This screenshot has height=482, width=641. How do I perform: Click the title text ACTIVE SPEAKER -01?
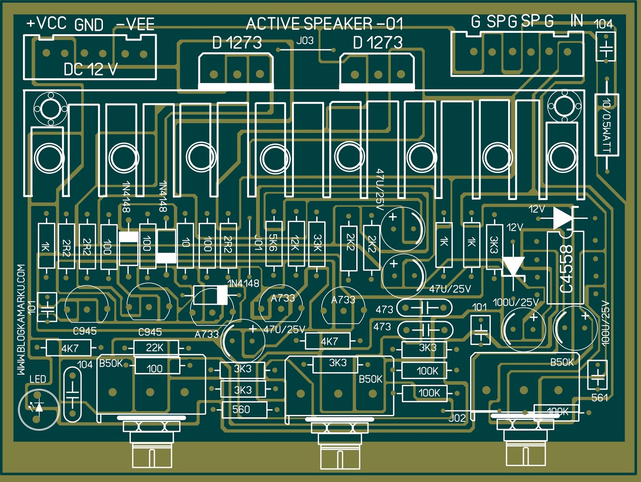pos(325,24)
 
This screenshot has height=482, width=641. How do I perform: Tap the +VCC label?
pos(46,23)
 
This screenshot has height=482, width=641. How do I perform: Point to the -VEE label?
pos(135,24)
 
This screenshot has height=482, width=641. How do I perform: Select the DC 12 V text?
pos(91,69)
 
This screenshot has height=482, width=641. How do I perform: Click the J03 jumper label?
pos(305,41)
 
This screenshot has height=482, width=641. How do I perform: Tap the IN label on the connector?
pos(577,20)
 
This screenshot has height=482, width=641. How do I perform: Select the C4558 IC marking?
pos(566,269)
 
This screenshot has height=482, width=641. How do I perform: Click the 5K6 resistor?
pos(274,244)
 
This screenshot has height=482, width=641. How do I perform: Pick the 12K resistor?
pos(296,244)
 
